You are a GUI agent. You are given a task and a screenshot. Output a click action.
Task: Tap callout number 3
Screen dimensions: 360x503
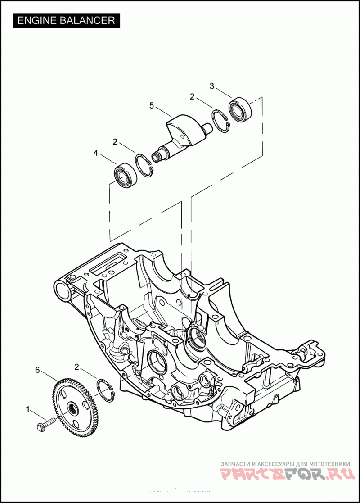211,86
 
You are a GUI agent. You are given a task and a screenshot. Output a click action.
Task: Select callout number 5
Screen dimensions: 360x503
152,105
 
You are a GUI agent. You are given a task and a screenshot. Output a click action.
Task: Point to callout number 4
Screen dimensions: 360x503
95,154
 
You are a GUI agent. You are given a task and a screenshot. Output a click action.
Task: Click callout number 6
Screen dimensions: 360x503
37,370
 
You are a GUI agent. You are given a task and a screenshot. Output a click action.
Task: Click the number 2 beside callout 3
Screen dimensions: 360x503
192,96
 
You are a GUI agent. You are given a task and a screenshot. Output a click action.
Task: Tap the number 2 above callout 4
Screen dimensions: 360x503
115,141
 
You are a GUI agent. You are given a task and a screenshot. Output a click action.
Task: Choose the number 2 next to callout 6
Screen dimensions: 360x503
76,367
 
